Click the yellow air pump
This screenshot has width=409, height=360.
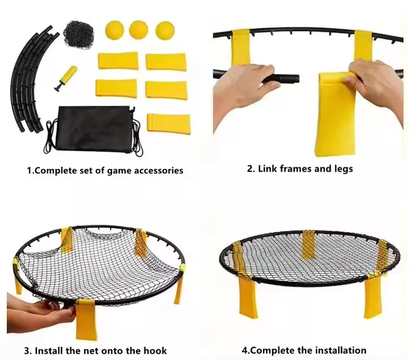pos(65,78)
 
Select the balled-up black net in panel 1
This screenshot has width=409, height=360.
pos(79,32)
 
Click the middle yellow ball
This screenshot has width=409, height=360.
pos(139,30)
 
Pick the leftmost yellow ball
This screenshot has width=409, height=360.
pos(114,30)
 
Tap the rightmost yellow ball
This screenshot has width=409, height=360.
pos(165,30)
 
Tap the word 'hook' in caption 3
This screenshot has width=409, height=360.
pos(155,350)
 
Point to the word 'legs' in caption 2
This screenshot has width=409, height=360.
pos(344,169)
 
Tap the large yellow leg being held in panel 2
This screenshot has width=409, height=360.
pos(336,114)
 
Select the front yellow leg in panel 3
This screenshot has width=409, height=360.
pos(86,320)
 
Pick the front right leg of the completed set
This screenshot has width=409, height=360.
pos(373,297)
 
